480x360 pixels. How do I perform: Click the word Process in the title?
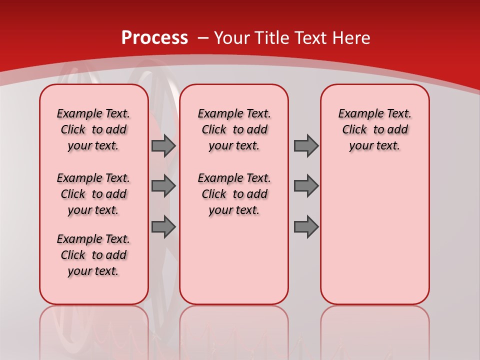coord(154,38)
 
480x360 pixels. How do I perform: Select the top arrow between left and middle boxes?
coord(163,145)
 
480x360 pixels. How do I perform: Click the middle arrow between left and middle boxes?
coord(163,186)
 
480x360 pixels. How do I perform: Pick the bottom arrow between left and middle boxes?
coord(163,227)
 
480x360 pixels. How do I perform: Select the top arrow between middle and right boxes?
coord(306,145)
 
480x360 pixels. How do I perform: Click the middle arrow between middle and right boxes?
coord(306,186)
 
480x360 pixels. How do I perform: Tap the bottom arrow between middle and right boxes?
coord(306,227)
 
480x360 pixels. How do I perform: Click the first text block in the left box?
coord(93,129)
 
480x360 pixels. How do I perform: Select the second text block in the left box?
coord(93,194)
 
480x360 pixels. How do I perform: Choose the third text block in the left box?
coord(93,255)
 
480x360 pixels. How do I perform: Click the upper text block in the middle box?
coord(234,129)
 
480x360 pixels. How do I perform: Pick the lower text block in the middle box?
coord(234,194)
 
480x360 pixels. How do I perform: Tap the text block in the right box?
coord(374,129)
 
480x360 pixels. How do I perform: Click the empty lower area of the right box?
coord(374,235)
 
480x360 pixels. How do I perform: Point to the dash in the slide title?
coord(203,38)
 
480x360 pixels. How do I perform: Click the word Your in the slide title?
coord(232,38)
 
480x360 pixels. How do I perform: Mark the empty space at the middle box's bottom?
coord(234,265)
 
